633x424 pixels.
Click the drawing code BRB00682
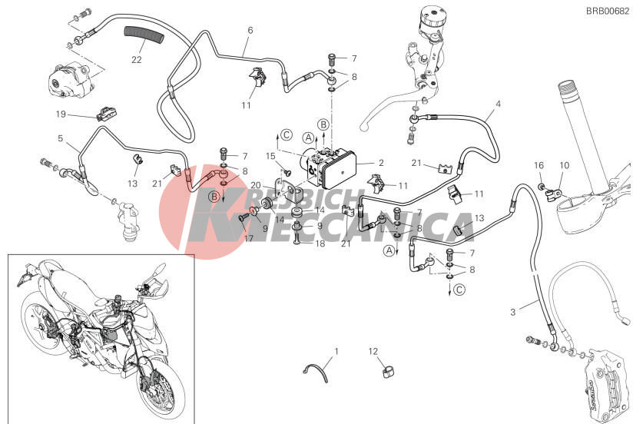point(607,11)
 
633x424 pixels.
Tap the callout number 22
point(137,59)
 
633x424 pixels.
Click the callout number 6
point(250,30)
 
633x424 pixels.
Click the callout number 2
point(381,163)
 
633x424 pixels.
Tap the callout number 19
point(61,114)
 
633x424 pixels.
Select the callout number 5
point(61,138)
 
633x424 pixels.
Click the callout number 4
point(498,104)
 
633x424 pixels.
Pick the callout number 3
point(512,312)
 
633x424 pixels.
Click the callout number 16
point(539,165)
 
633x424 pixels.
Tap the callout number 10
point(565,165)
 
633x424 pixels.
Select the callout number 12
point(373,351)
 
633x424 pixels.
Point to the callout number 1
point(336,351)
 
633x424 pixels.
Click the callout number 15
point(270,156)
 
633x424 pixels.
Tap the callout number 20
point(256,185)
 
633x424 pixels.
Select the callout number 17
point(249,238)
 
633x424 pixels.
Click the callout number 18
point(320,243)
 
